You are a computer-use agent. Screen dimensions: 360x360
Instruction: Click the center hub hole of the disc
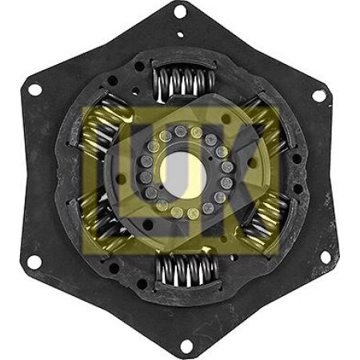tap(181, 169)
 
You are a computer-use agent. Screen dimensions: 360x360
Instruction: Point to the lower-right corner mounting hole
tap(325, 258)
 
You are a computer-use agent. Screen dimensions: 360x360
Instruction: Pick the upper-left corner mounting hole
tap(35, 89)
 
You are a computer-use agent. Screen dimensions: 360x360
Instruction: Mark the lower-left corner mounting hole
tap(34, 262)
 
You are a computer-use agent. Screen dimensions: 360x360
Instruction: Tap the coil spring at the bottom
tap(186, 267)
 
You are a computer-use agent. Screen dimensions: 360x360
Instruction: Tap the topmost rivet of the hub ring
tap(182, 130)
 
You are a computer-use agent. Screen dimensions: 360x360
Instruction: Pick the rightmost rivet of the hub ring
tap(228, 169)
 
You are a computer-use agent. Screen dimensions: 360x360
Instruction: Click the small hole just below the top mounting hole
tap(180, 34)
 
